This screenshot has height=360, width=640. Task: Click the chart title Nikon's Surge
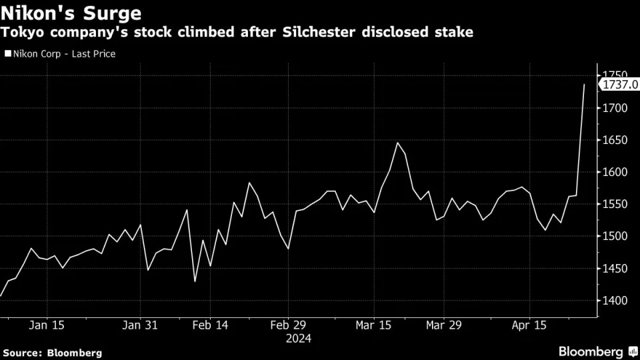coord(71,13)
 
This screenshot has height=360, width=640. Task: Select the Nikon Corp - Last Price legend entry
coord(61,53)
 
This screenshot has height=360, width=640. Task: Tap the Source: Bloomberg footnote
coord(52,352)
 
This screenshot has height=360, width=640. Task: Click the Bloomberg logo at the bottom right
coord(591,351)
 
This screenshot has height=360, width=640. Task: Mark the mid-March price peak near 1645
coord(397,143)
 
